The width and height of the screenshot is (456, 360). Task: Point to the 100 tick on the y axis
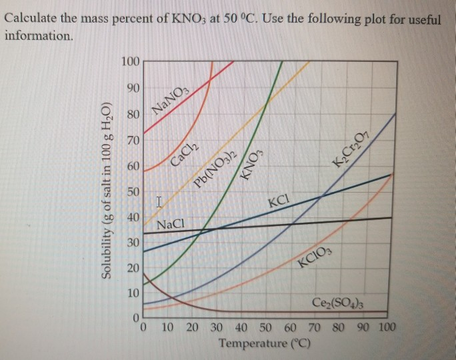(130, 62)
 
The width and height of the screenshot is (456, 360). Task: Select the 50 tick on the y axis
(132, 192)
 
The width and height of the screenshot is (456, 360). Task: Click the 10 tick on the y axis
(132, 293)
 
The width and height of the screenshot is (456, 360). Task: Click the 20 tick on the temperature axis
(192, 327)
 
